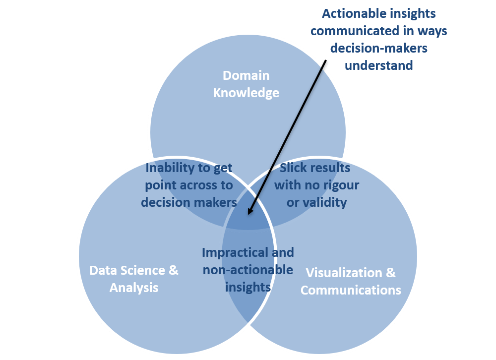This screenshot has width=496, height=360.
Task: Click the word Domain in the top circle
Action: [246, 76]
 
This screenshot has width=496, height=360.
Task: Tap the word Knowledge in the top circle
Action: [246, 93]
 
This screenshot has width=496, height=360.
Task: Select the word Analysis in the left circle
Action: [134, 288]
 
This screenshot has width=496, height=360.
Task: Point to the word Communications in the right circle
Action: [351, 290]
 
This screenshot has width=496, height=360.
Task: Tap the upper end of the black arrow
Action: [326, 62]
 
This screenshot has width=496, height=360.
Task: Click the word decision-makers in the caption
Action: [379, 48]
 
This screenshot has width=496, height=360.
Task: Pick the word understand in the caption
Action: [378, 65]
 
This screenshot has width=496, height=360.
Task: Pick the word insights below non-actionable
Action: [248, 287]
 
